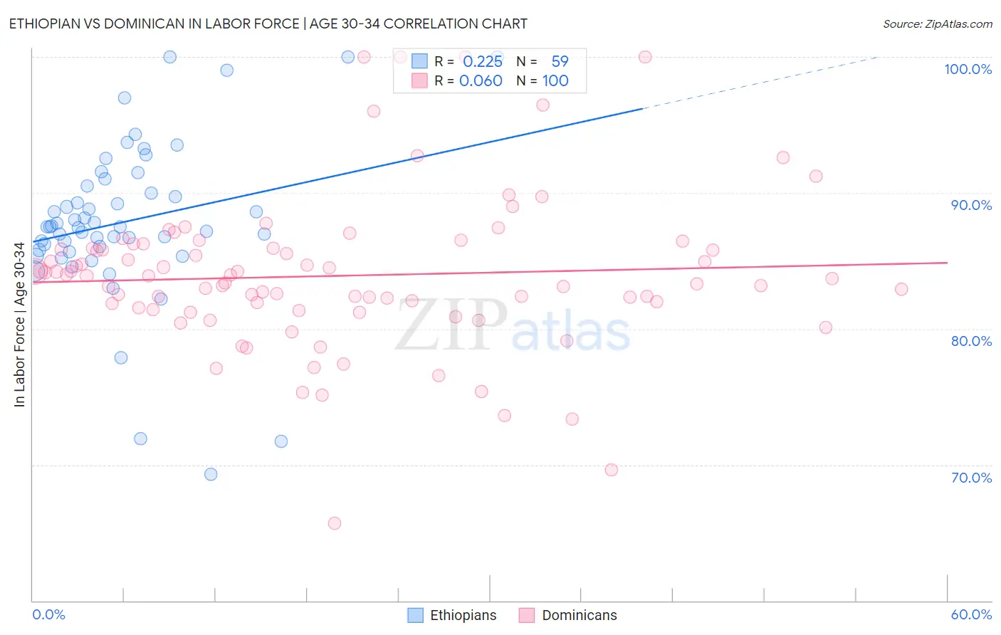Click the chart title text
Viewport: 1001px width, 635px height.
pyautogui.click(x=268, y=23)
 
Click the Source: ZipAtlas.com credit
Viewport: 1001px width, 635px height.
pyautogui.click(x=937, y=23)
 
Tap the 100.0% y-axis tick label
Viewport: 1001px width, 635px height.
pyautogui.click(x=968, y=69)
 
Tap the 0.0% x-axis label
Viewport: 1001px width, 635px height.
pyautogui.click(x=48, y=614)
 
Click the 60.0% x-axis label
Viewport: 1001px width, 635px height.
pyautogui.click(x=971, y=614)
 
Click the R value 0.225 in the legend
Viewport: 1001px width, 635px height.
pyautogui.click(x=483, y=62)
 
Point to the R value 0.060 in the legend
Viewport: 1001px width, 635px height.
pyautogui.click(x=481, y=81)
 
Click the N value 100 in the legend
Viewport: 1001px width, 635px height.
pyautogui.click(x=555, y=81)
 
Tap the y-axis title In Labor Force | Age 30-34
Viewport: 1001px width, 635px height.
pyautogui.click(x=19, y=325)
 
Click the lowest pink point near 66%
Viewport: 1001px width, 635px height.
pyautogui.click(x=334, y=523)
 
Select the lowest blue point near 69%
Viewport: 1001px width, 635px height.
pyautogui.click(x=211, y=474)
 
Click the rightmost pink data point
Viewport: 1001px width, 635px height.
pyautogui.click(x=901, y=289)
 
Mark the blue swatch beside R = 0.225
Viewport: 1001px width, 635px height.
pyautogui.click(x=419, y=62)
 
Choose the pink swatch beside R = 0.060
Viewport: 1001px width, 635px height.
pyautogui.click(x=419, y=81)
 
